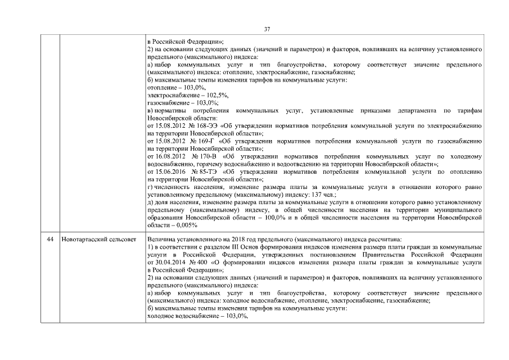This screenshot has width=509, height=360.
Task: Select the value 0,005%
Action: (182, 224)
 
